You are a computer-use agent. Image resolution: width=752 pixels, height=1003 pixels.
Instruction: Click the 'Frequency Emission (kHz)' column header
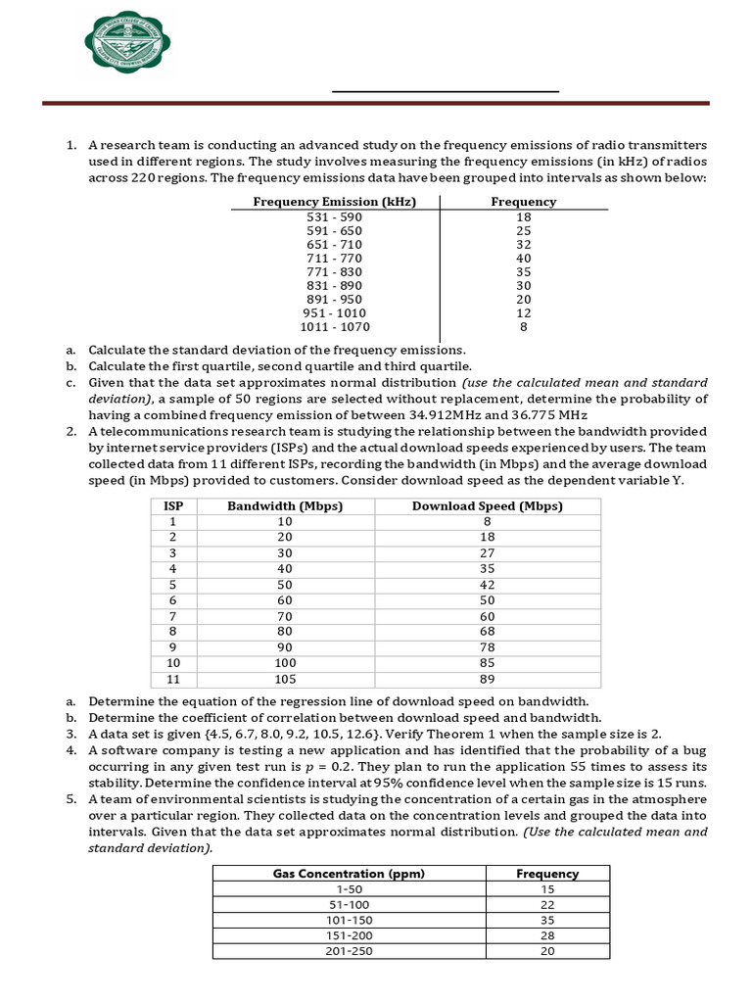(x=335, y=202)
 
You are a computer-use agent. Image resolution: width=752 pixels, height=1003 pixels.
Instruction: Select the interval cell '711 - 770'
(x=335, y=259)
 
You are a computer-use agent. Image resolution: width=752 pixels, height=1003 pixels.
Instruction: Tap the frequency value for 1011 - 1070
(x=524, y=327)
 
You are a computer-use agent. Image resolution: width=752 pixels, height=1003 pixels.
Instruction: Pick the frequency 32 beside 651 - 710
(x=524, y=245)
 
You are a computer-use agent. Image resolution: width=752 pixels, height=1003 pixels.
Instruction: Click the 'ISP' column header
(x=172, y=506)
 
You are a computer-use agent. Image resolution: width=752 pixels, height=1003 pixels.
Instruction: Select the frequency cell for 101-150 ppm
(x=547, y=921)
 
